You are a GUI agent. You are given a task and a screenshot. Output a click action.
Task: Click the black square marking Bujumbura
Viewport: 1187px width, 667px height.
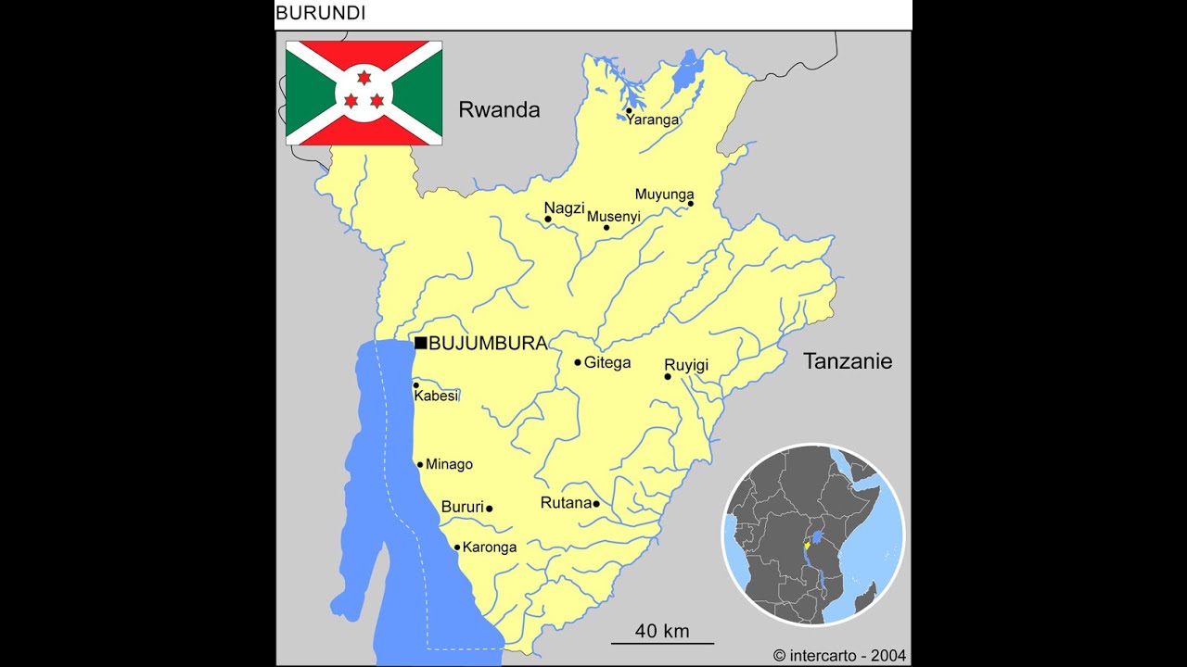[421, 343]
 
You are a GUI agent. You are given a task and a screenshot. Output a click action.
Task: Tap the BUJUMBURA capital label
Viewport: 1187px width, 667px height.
[488, 344]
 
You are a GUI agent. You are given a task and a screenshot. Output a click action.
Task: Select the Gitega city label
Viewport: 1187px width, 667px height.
[606, 363]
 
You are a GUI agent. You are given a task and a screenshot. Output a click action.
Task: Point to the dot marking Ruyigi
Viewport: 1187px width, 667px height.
[668, 376]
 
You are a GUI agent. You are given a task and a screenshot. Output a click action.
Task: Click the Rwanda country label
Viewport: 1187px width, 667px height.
[499, 110]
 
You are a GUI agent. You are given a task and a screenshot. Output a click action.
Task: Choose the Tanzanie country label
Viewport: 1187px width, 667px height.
[848, 361]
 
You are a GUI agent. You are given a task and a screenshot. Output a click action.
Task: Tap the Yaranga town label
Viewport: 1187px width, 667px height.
[653, 120]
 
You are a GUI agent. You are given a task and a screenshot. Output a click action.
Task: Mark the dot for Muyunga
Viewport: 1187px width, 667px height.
[691, 204]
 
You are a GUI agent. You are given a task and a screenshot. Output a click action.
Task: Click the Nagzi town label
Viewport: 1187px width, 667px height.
[564, 208]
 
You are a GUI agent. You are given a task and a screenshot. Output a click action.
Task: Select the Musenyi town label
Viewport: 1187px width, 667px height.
[614, 217]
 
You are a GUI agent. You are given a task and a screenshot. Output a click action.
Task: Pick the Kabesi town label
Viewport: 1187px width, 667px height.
[436, 396]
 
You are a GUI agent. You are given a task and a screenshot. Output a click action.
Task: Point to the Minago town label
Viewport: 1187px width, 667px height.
[449, 465]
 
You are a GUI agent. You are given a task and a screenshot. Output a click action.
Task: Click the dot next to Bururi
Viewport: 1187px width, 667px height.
[490, 509]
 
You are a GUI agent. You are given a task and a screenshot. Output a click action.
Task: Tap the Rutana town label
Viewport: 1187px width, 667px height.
[566, 503]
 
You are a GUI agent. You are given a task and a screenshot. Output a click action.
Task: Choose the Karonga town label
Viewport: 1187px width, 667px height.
[490, 547]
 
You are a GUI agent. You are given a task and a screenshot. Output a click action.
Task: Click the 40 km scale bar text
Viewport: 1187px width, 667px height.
[662, 631]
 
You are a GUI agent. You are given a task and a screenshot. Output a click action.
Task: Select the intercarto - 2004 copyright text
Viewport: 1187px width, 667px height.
[840, 655]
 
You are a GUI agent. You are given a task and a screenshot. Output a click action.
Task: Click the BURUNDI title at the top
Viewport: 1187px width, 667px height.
[321, 13]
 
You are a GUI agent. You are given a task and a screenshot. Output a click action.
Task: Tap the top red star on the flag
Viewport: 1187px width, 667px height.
[364, 78]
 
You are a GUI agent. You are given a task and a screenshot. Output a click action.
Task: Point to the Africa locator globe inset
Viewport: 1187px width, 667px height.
[813, 535]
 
